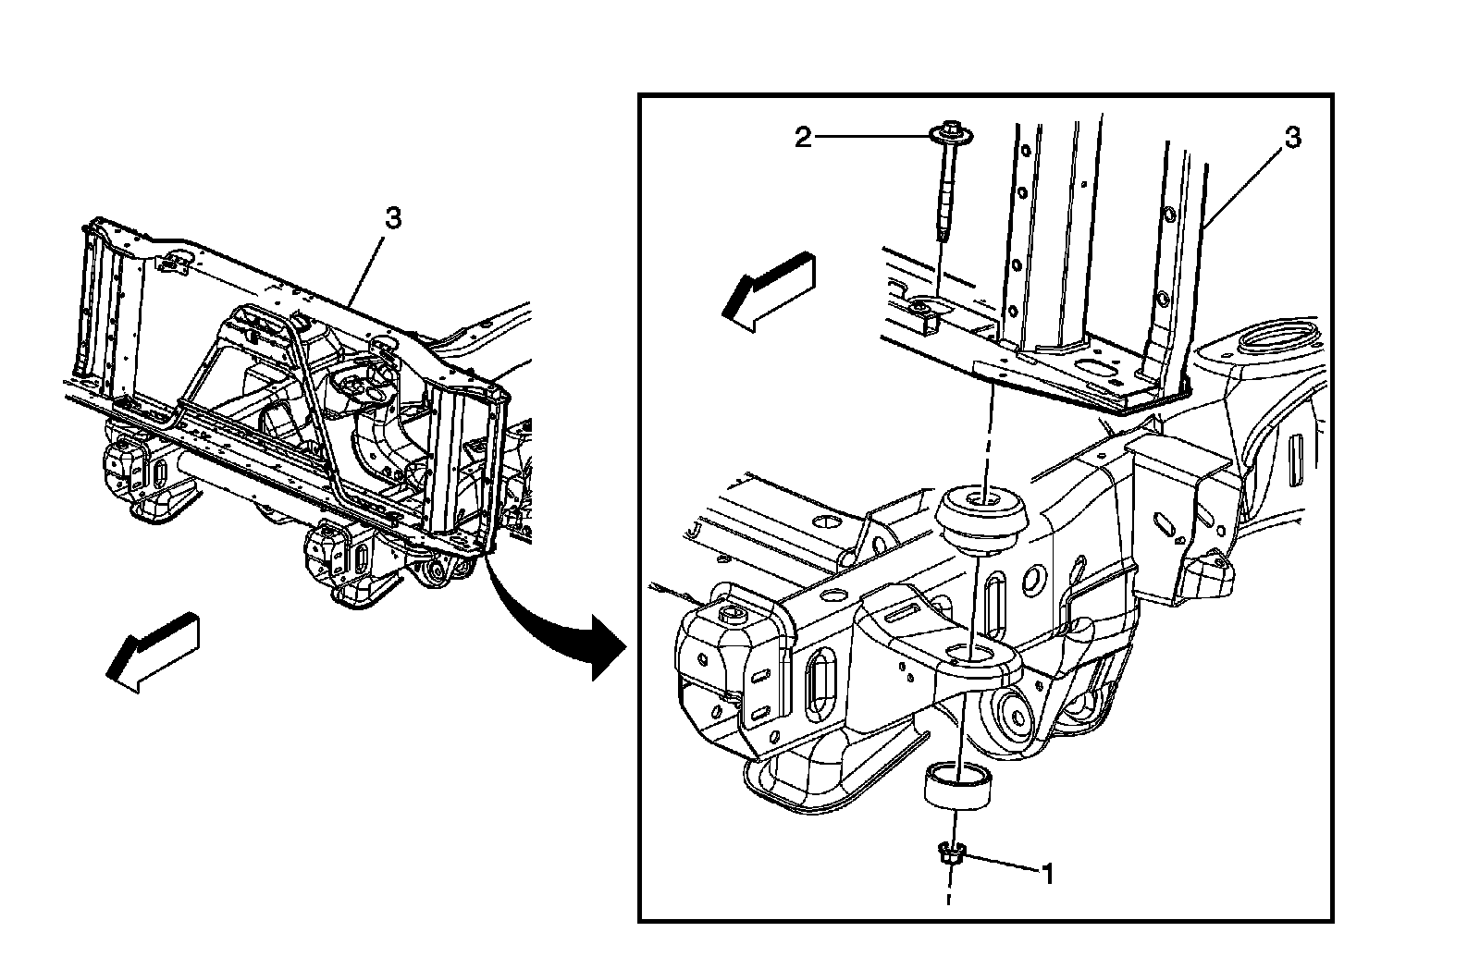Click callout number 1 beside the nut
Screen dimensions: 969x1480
(1047, 872)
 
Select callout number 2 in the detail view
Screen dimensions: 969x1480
(803, 138)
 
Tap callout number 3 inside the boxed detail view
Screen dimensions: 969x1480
(1292, 138)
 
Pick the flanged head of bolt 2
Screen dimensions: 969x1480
(946, 136)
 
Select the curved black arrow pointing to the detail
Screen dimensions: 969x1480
(555, 619)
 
